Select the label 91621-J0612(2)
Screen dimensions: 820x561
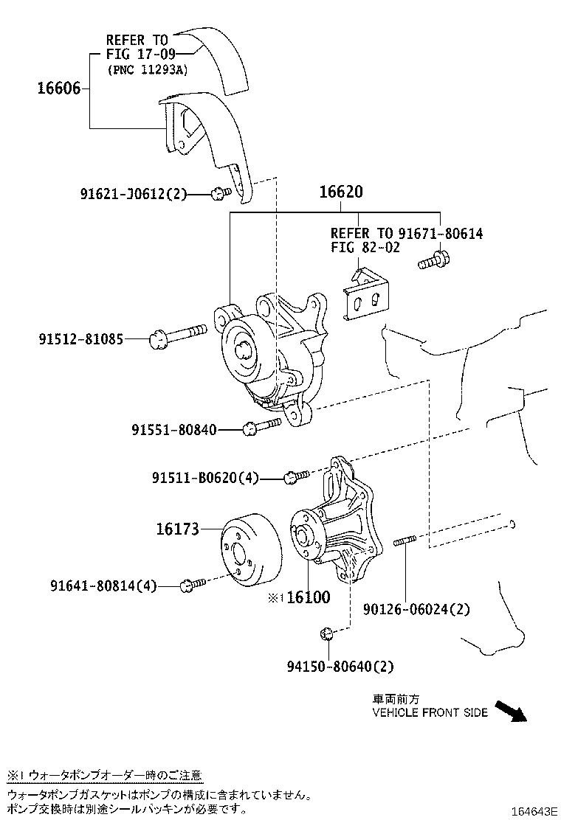pyautogui.click(x=134, y=194)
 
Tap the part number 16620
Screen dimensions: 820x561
pyautogui.click(x=340, y=192)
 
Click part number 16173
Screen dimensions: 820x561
pyautogui.click(x=177, y=529)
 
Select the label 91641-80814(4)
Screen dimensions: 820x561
pyautogui.click(x=103, y=586)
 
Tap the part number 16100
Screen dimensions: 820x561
pyautogui.click(x=308, y=597)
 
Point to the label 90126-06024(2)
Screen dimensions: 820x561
pyautogui.click(x=416, y=609)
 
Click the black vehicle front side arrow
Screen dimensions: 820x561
pyautogui.click(x=510, y=709)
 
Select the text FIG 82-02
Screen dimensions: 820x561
pyautogui.click(x=365, y=248)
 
